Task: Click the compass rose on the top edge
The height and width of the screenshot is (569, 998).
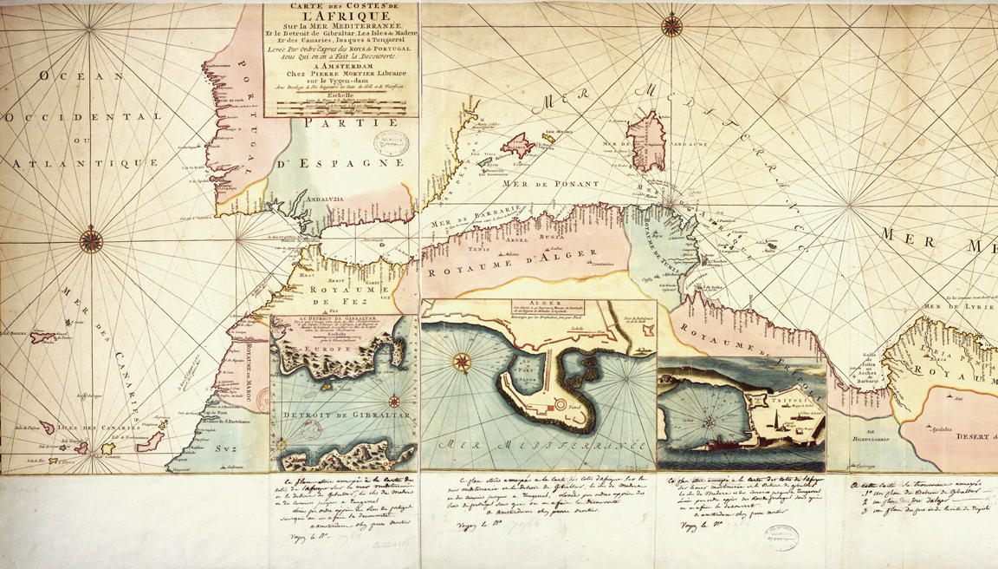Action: tap(670, 25)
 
